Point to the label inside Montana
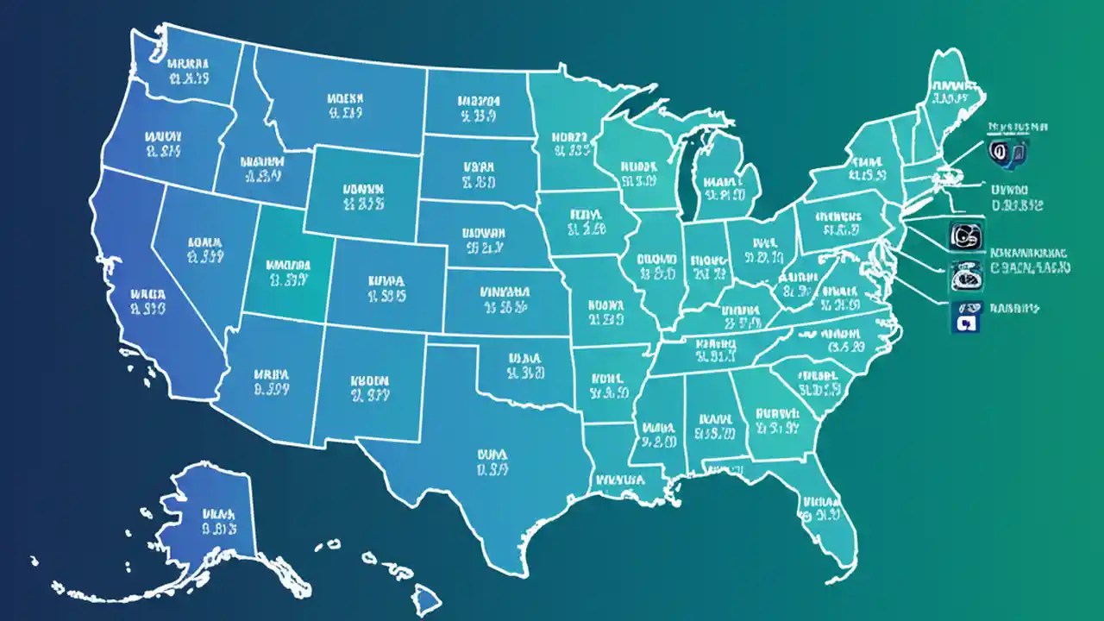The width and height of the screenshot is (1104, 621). [x=345, y=103]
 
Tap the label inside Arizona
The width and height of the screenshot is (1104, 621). [x=270, y=382]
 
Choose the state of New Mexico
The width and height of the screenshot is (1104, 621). [x=369, y=388]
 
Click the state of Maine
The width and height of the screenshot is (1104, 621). [x=953, y=91]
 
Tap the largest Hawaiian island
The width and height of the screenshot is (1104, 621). [x=426, y=596]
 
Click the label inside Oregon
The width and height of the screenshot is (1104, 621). [x=162, y=145]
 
